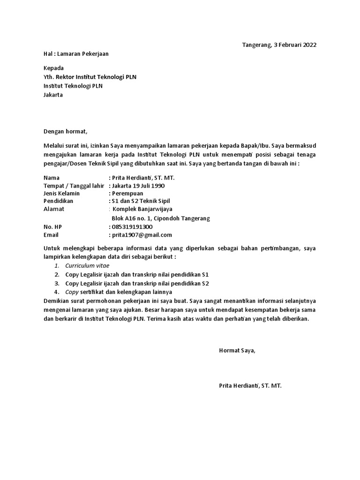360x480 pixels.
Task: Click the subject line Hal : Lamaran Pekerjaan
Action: tap(76, 54)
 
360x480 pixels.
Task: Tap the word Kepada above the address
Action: tap(53, 68)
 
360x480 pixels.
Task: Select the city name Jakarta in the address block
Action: tap(53, 95)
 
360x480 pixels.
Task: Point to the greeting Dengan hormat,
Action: tap(66, 131)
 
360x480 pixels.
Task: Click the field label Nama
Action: tap(52, 178)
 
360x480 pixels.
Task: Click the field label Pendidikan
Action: tap(59, 201)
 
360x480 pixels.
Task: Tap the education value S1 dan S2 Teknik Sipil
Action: tap(140, 201)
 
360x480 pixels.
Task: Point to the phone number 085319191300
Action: tap(132, 227)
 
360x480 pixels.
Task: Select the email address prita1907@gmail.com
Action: tap(142, 235)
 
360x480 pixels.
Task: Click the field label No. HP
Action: tap(52, 227)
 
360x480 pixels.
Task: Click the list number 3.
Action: tap(56, 284)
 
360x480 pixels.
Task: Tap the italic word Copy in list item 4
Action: tap(72, 292)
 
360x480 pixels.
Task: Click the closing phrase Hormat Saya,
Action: tap(237, 350)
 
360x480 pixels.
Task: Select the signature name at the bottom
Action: tap(250, 386)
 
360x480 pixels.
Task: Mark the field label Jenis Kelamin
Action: tap(61, 194)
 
